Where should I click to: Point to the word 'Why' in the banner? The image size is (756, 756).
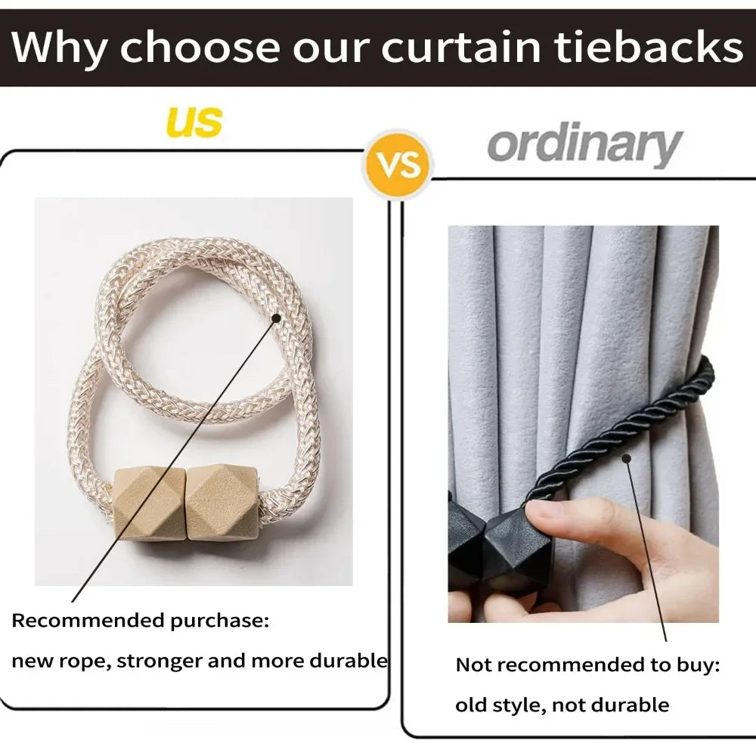coord(60,47)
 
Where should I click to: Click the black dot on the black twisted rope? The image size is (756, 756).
coord(626,457)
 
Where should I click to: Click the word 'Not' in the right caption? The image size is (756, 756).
coord(473,665)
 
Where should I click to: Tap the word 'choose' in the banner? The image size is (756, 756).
coord(200,47)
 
